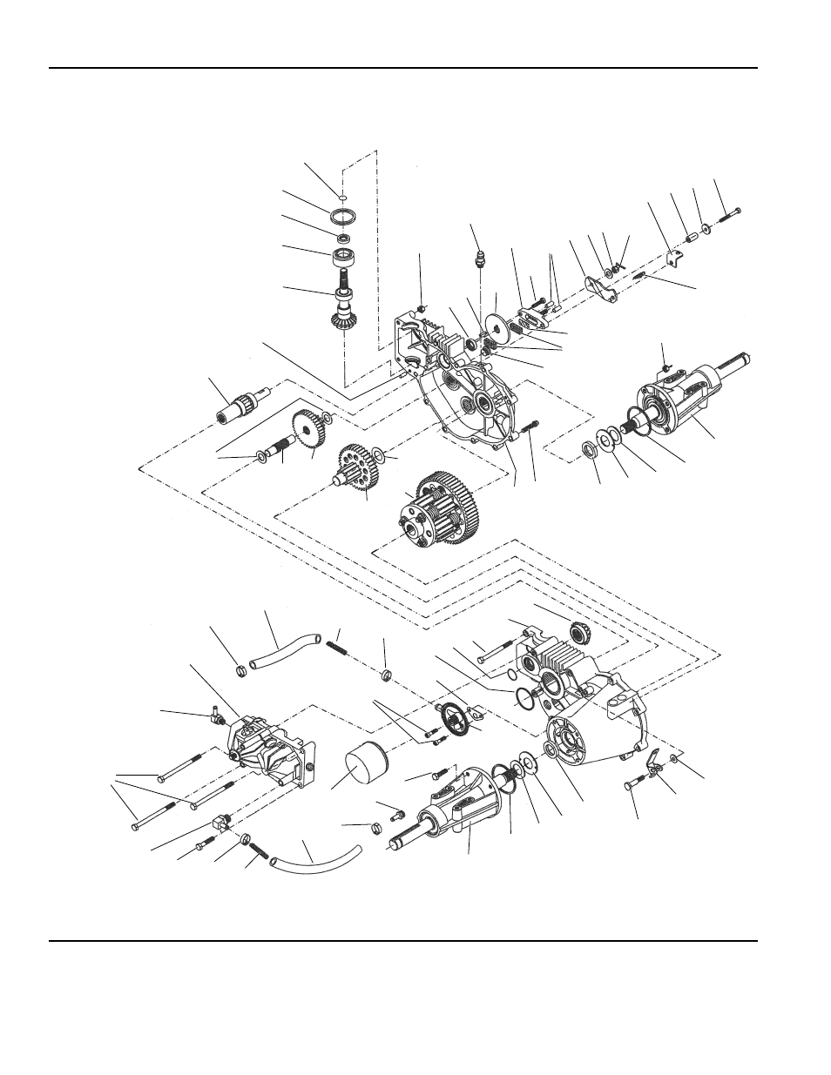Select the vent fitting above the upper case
click(x=479, y=259)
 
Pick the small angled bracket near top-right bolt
click(x=672, y=259)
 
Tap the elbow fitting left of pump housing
click(x=214, y=716)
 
